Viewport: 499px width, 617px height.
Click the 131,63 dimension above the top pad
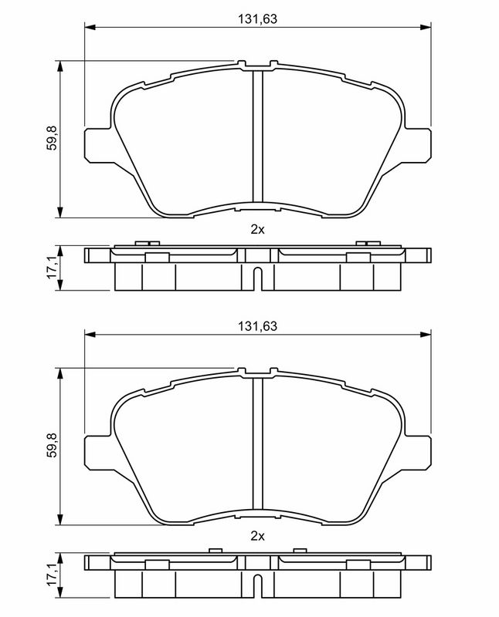click(x=257, y=19)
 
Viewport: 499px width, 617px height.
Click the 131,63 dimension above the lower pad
click(x=257, y=325)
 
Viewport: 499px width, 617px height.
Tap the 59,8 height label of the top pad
click(x=52, y=138)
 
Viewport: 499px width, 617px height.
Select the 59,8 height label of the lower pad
click(x=52, y=446)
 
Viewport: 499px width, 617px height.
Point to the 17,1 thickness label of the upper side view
click(x=52, y=267)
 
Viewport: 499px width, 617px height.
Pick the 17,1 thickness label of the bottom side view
click(x=52, y=575)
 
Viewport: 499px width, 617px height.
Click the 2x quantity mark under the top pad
click(x=257, y=229)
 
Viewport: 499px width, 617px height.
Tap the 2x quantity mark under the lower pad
click(x=257, y=536)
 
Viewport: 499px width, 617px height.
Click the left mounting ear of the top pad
click(x=99, y=144)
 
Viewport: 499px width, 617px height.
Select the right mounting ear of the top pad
click(x=417, y=144)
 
